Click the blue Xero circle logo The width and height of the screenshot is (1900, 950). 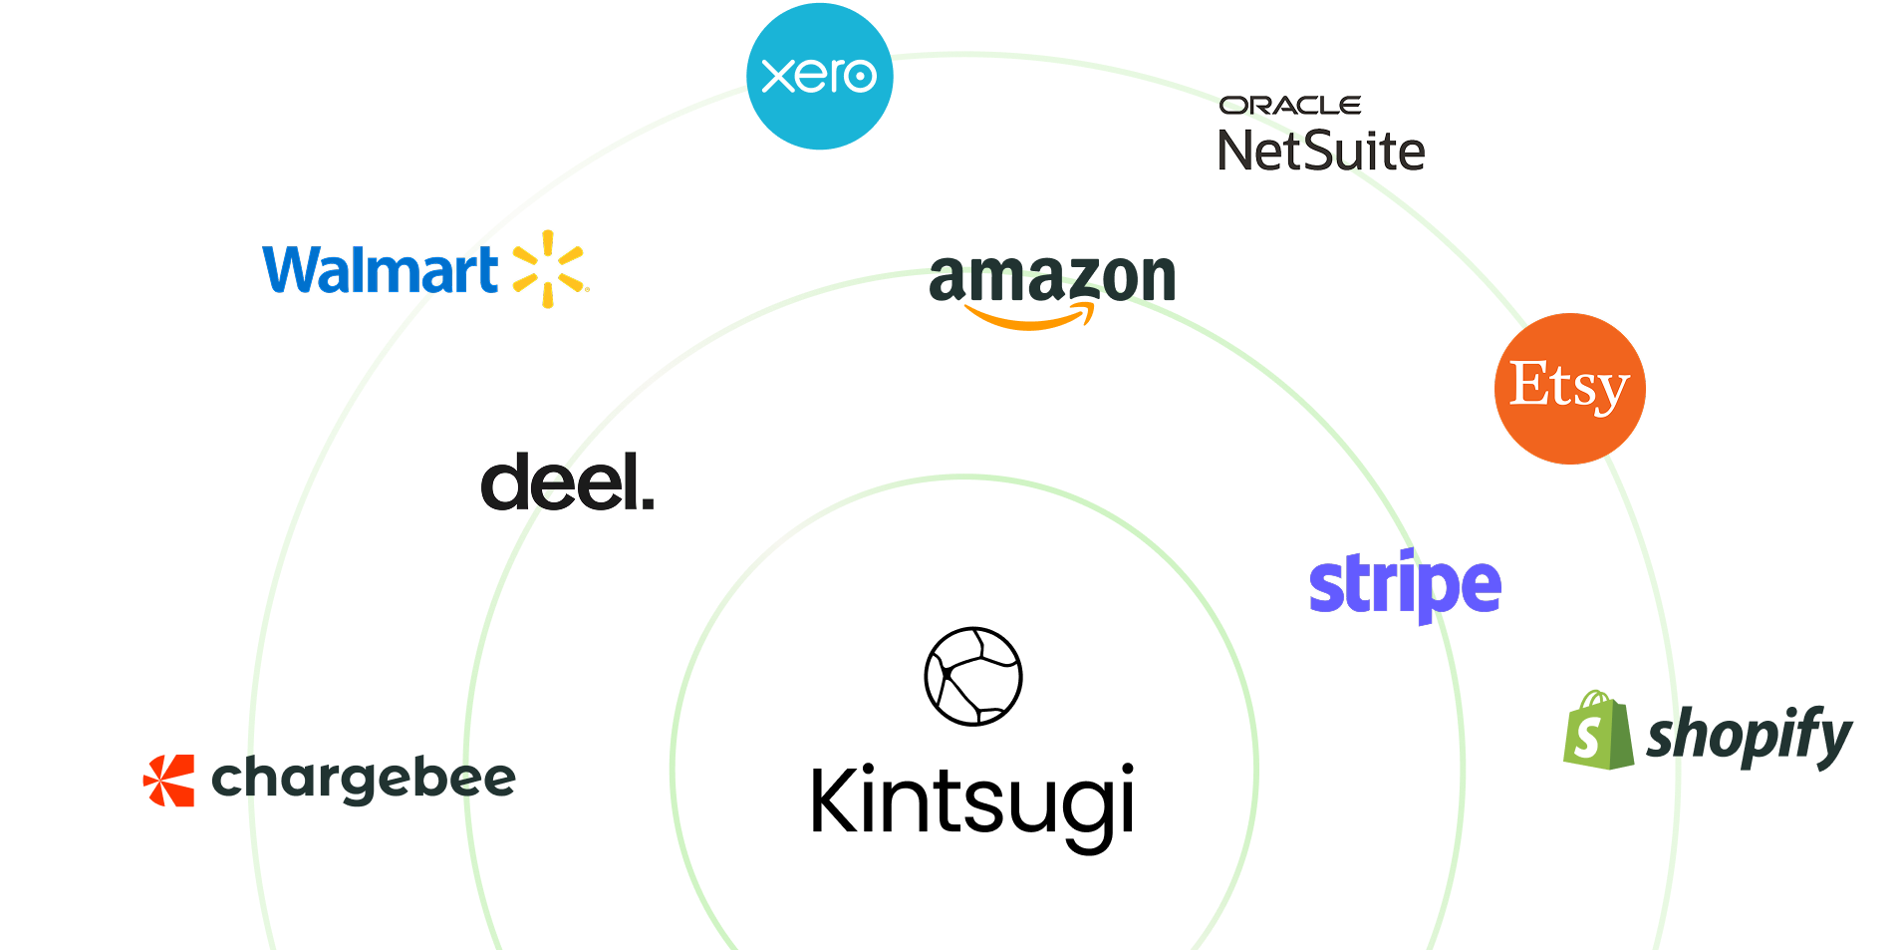point(819,77)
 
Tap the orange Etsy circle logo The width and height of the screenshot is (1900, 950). point(1569,389)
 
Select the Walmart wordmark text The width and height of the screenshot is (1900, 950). point(380,270)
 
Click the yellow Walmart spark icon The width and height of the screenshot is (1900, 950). point(548,268)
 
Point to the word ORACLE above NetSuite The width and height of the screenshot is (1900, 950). point(1290,106)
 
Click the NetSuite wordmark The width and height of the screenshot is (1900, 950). point(1321,151)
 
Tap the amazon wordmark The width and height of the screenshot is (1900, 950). point(1052,278)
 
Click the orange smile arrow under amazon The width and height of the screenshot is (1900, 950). point(1029,319)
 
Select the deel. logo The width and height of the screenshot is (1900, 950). point(566,481)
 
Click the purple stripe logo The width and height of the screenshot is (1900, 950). point(1404,585)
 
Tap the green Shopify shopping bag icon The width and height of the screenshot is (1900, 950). point(1598,732)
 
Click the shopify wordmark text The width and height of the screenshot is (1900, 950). point(1749,737)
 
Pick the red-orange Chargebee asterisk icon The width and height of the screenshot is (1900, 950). point(169,780)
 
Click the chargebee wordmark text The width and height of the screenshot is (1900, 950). point(364,780)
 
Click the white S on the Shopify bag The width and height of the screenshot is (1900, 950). point(1588,738)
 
